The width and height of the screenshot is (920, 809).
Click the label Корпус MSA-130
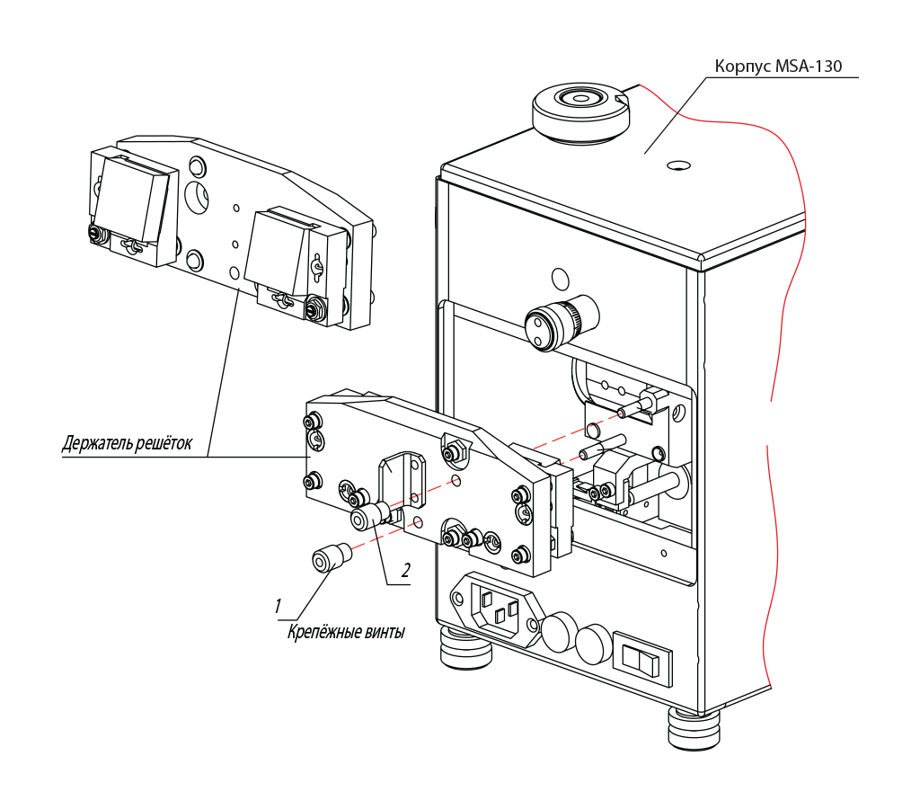pos(778,66)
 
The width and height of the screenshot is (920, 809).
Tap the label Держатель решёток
pos(127,442)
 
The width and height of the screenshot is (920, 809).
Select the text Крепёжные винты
pos(346,632)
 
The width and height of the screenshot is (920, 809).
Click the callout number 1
pos(278,606)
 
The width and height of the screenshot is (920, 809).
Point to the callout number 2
pos(405,570)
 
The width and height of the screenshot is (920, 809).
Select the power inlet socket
pos(496,608)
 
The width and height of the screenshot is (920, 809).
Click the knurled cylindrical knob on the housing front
pos(562,322)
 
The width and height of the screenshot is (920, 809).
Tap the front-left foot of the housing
pos(464,649)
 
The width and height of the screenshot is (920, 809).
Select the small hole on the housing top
pos(678,165)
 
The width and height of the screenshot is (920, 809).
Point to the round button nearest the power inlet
pos(559,631)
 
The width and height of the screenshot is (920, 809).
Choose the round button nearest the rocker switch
pos(594,644)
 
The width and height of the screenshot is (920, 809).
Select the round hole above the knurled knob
pos(561,279)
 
